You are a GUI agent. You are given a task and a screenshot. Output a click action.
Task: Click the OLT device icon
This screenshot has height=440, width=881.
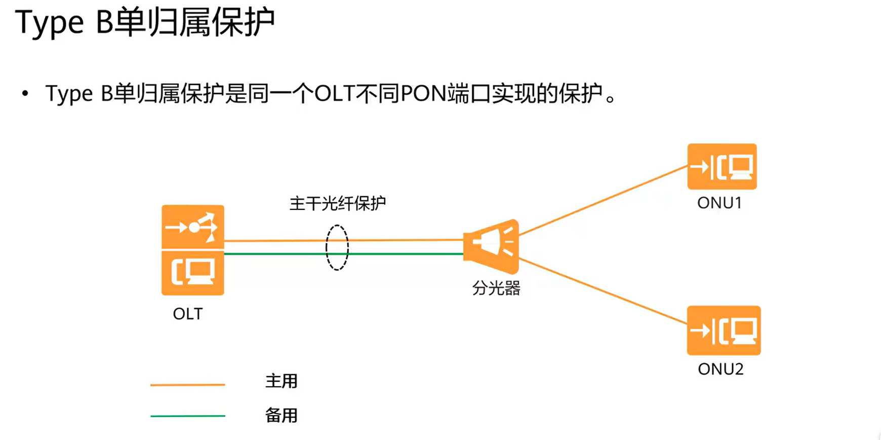coord(192,250)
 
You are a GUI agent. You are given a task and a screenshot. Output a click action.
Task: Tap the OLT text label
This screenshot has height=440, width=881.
coord(187,314)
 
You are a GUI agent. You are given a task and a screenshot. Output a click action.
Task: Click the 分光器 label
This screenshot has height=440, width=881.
coord(496,288)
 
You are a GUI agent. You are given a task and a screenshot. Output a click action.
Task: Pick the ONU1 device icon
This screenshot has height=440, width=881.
coord(722,167)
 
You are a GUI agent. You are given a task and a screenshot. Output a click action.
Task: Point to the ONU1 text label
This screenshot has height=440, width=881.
coord(719,203)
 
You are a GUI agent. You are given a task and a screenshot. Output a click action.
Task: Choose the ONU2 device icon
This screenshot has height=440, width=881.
coord(723,331)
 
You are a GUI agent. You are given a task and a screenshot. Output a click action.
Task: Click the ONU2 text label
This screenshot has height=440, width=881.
coord(720,369)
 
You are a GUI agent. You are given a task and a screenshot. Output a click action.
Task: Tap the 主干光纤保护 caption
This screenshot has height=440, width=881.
coord(337,203)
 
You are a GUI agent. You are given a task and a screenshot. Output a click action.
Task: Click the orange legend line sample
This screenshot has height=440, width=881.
coord(187,385)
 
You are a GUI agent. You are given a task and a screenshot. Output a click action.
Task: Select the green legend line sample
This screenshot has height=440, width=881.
coord(187,416)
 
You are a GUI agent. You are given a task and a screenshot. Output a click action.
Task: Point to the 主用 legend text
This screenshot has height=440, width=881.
coord(281,381)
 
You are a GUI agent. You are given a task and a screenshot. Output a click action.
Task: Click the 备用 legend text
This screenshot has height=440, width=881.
coord(281,416)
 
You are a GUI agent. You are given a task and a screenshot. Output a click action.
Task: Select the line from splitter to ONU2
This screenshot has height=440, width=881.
coord(603,291)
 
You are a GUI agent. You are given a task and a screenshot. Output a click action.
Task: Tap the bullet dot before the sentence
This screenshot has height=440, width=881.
coord(25,94)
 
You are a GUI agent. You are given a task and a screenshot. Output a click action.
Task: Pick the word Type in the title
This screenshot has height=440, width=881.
coord(49,23)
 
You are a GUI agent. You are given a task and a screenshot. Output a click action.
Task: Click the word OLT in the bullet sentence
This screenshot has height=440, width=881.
coord(334,94)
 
